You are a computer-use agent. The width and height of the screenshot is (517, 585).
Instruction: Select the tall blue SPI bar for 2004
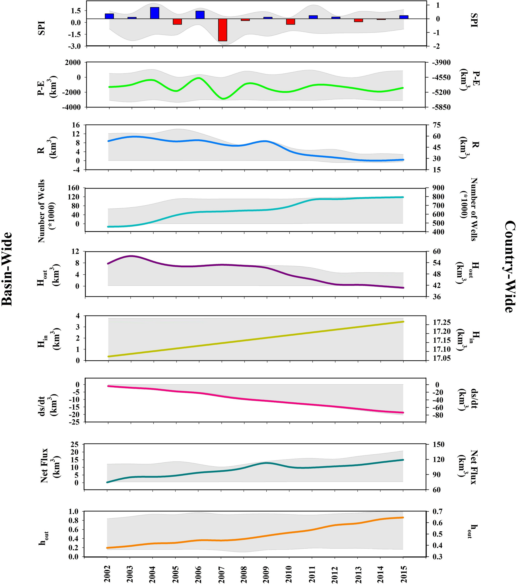point(154,13)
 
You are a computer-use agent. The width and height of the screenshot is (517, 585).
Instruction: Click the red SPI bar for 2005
point(177,21)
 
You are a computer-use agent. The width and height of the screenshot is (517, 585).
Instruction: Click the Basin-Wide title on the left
point(7,269)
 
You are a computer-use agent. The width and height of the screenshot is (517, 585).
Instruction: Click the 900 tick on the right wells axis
point(438,188)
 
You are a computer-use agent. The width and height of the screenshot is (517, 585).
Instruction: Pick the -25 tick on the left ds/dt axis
point(74,422)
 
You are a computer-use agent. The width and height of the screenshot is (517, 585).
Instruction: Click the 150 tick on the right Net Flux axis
point(438,444)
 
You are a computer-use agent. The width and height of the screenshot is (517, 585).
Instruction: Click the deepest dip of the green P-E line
point(223,99)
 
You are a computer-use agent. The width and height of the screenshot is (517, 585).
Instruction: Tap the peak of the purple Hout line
point(131,256)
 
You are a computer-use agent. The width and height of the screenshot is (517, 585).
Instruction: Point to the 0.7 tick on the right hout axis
point(437,511)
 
